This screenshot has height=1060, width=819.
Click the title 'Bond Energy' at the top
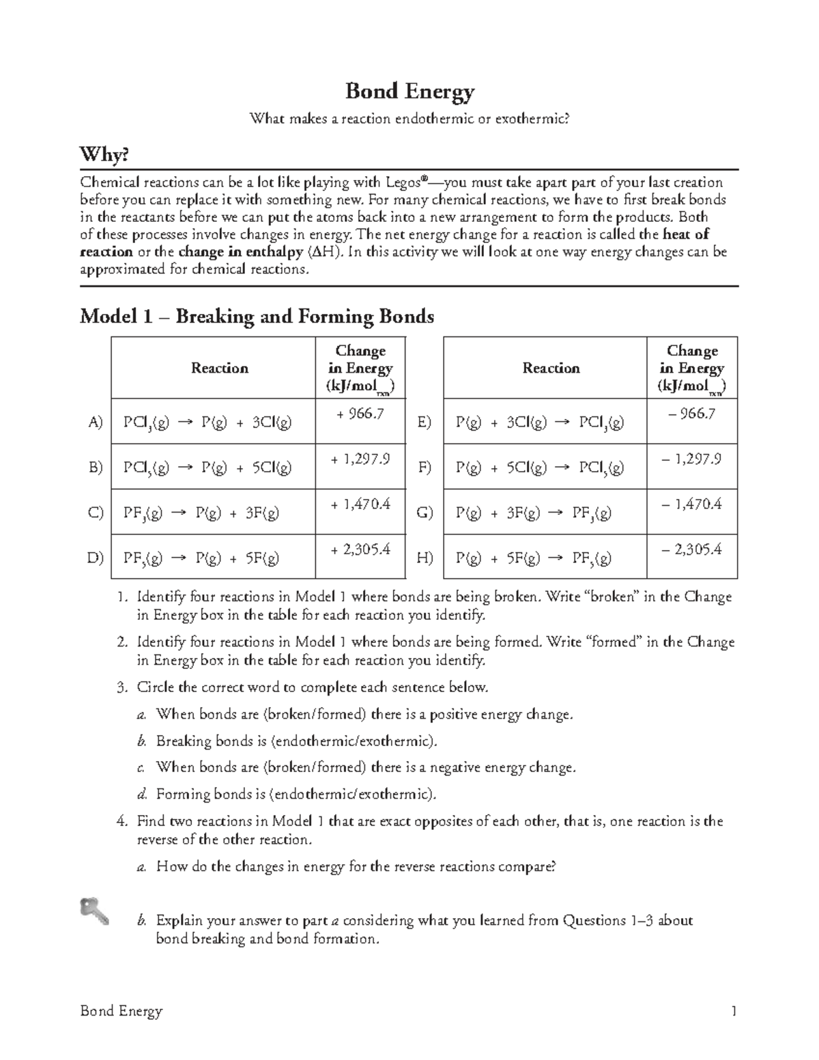(x=409, y=91)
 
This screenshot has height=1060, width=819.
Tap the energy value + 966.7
(x=360, y=414)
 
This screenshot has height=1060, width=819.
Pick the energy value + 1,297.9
(x=360, y=459)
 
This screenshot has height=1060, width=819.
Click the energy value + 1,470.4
(x=360, y=504)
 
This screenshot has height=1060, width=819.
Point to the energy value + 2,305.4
(x=360, y=549)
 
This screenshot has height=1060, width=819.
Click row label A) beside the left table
(x=96, y=422)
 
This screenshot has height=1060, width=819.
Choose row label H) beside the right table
(x=425, y=558)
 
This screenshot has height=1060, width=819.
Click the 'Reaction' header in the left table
(x=219, y=369)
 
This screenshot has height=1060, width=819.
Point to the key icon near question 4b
(x=94, y=911)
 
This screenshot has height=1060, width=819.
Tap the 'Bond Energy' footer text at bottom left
(x=121, y=1011)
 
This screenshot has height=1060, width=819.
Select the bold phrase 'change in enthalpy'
(x=240, y=252)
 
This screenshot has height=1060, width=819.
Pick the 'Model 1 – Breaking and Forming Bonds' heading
(x=257, y=317)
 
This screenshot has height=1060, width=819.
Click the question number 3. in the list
(x=121, y=687)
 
